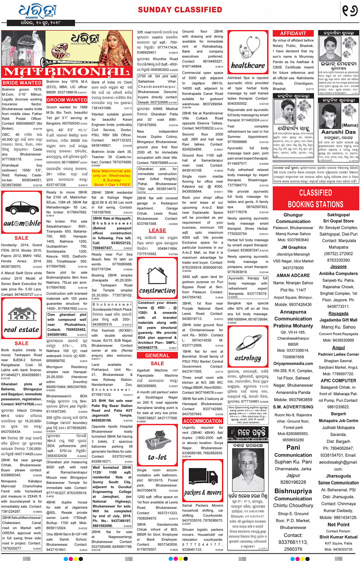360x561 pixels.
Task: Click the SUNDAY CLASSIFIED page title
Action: [x=180, y=10]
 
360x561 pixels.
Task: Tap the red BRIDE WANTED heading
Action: [x=22, y=83]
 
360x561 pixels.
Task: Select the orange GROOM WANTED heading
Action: [x=67, y=100]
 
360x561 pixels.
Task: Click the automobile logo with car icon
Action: [x=22, y=213]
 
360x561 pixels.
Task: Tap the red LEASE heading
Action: [x=157, y=231]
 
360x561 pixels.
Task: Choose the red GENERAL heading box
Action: [x=157, y=355]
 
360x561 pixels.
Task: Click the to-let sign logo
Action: [x=157, y=448]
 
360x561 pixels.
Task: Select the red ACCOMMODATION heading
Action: [x=203, y=421]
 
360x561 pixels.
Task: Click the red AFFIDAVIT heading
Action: [x=293, y=34]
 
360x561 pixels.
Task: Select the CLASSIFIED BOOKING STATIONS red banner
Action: [x=315, y=198]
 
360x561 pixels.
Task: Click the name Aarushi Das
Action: [x=338, y=132]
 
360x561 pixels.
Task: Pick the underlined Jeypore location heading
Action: [x=338, y=266]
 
